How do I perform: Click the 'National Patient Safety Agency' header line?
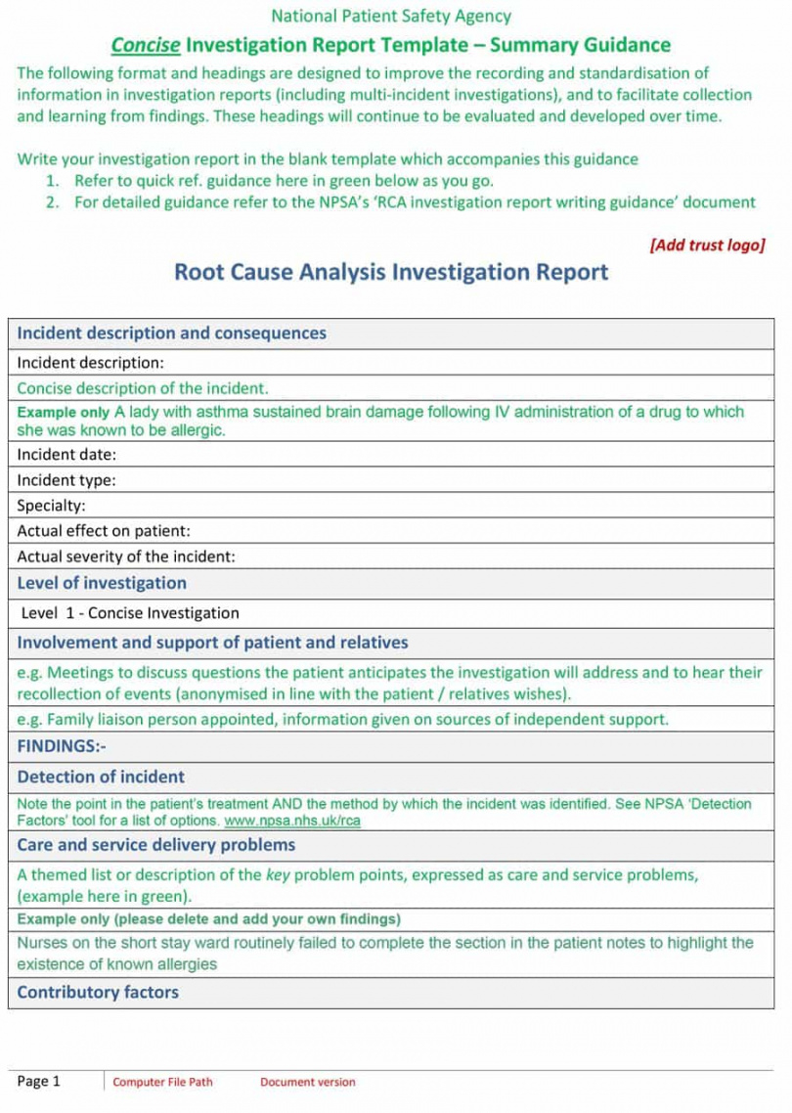390,16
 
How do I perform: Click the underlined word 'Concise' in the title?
146,45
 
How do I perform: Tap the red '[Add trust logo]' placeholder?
707,245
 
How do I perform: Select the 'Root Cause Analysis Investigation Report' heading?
390,272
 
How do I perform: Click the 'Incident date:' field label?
66,455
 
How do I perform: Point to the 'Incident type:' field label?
66,480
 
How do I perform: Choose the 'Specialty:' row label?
51,506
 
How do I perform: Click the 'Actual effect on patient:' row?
104,531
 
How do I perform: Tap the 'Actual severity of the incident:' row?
126,556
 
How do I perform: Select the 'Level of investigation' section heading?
102,583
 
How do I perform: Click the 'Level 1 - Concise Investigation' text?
130,613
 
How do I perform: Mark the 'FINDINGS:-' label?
62,746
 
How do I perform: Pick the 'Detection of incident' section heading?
101,777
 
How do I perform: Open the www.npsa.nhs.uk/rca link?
292,822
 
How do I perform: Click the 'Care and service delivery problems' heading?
156,845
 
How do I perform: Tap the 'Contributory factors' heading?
98,992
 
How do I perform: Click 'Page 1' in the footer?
39,1081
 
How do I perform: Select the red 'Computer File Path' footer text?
162,1082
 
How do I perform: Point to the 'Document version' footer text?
308,1082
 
